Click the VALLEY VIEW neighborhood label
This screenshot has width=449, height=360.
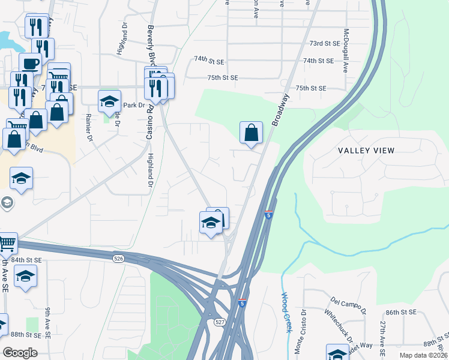click(x=366, y=151)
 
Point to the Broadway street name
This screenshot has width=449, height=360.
click(x=280, y=109)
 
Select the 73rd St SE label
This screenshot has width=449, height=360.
click(x=325, y=44)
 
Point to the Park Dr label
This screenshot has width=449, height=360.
click(x=134, y=105)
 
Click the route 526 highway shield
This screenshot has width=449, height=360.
click(x=118, y=258)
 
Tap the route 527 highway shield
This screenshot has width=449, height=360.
click(x=220, y=322)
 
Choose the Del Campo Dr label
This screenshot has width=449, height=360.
click(x=348, y=304)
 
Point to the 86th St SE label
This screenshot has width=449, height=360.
click(x=401, y=313)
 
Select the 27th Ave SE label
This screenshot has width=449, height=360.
click(x=382, y=335)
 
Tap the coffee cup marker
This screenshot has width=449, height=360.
click(x=30, y=64)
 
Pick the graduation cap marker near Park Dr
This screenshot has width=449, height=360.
click(x=109, y=102)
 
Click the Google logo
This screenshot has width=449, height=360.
click(x=20, y=353)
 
